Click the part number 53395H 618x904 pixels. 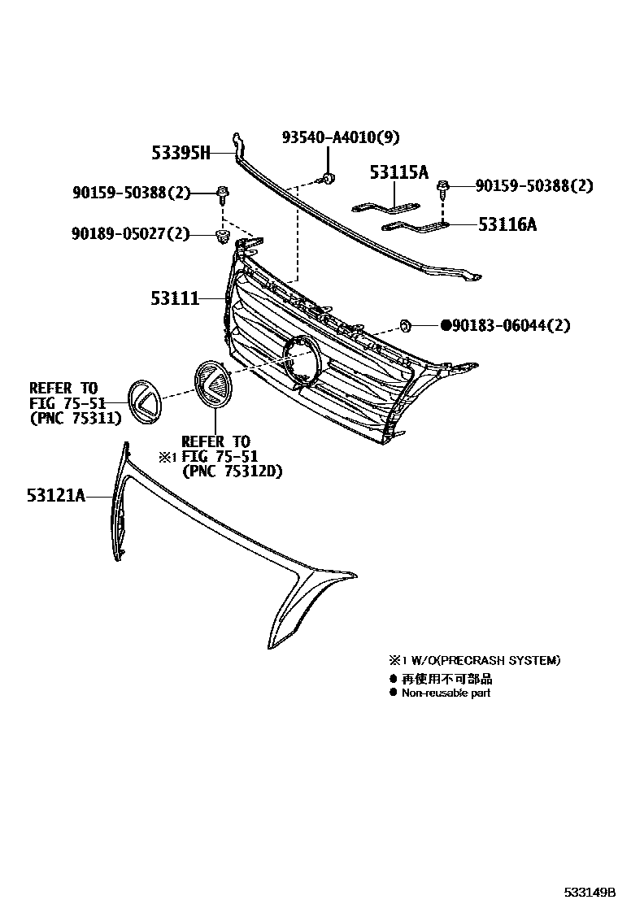(x=181, y=152)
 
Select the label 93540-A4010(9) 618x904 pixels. (x=341, y=138)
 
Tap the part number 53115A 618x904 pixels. (x=398, y=172)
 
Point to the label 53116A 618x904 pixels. (x=507, y=224)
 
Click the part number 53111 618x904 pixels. (x=174, y=299)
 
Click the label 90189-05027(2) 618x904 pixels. (x=130, y=235)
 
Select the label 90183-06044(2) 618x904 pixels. (x=511, y=326)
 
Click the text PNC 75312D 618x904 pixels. (x=233, y=472)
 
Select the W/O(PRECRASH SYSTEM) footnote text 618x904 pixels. (x=480, y=661)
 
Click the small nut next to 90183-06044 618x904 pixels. (x=405, y=327)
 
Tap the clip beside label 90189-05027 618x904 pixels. (x=220, y=237)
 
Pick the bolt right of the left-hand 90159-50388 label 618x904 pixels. (x=221, y=193)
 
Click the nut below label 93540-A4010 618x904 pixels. (x=327, y=177)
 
